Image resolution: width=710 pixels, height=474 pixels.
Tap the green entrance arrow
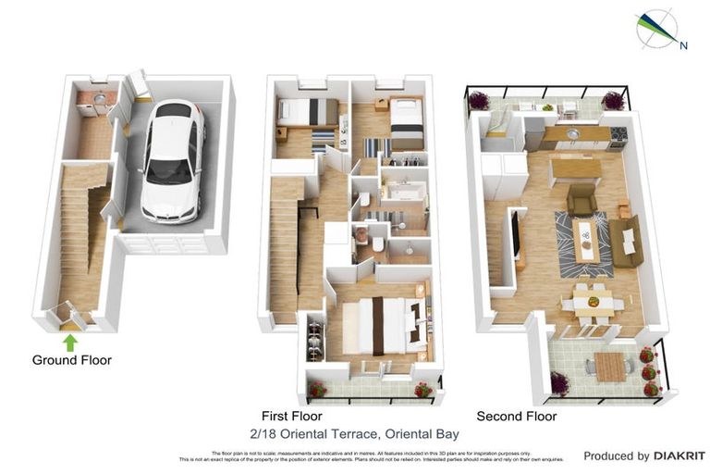[x=71, y=343]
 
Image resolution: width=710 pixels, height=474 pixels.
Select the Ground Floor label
[x=71, y=360]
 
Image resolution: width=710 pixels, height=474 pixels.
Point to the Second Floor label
[x=516, y=417]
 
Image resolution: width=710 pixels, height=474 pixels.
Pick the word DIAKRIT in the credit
[x=679, y=455]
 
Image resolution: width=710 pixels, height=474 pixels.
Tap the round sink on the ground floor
[x=99, y=98]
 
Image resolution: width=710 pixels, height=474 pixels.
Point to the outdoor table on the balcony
[x=611, y=367]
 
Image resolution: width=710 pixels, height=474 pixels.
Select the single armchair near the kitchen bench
[x=581, y=199]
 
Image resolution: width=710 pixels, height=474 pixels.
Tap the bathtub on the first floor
[x=404, y=193]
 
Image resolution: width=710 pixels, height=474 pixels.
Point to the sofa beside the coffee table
[x=626, y=241]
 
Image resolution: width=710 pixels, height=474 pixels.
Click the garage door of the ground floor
[x=166, y=244]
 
